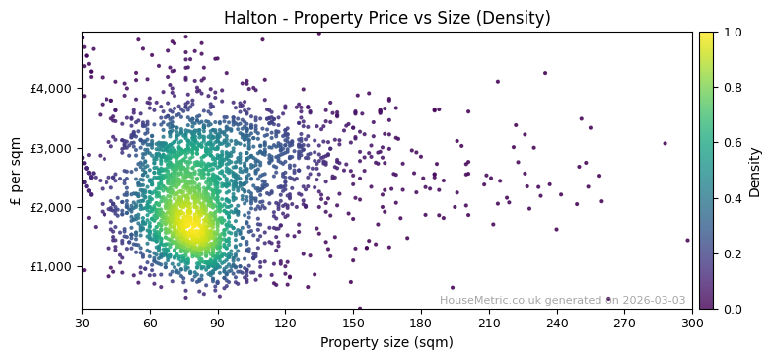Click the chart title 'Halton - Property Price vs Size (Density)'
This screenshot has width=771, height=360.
(x=386, y=18)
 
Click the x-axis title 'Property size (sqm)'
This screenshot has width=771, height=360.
(x=386, y=343)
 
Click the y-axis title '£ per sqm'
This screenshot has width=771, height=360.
(x=16, y=170)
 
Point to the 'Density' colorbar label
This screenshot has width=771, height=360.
(x=754, y=170)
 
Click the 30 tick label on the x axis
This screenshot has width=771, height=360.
(x=82, y=323)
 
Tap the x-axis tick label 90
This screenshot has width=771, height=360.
(x=218, y=323)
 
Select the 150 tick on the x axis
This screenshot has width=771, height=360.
(x=353, y=323)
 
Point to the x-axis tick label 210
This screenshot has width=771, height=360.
(x=489, y=323)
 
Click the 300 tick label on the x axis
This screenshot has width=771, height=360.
(x=692, y=323)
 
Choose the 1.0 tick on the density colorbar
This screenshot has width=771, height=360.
(x=731, y=33)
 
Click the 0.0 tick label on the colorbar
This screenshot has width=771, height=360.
(x=731, y=309)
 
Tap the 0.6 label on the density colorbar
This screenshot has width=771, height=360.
(x=731, y=143)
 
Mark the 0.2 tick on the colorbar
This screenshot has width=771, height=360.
(x=731, y=253)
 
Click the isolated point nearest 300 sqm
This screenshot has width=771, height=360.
(x=687, y=240)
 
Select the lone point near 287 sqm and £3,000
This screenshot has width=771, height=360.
(x=665, y=143)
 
